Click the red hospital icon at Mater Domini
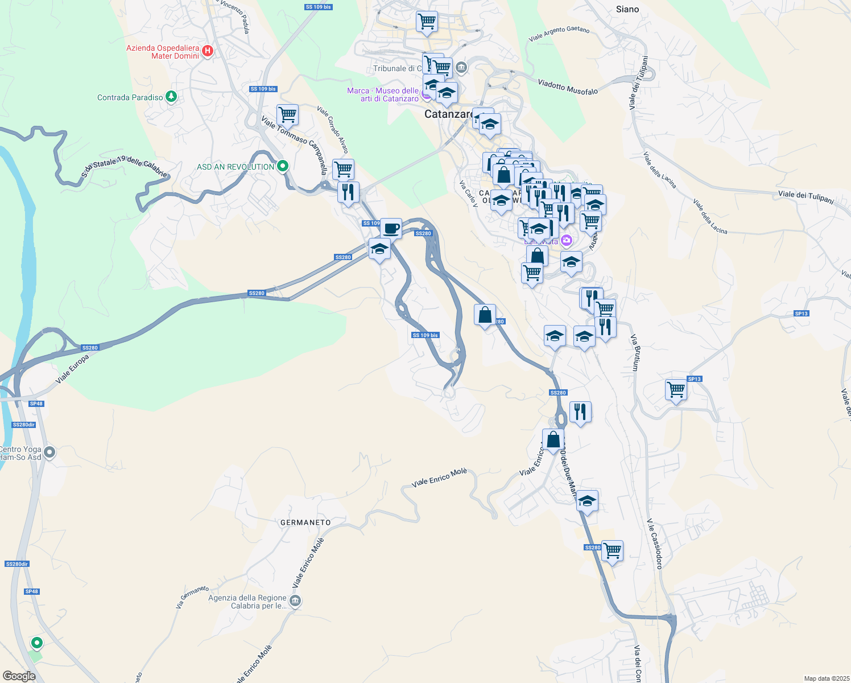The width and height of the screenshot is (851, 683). coord(208,51)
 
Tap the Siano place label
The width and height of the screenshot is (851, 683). coord(627,9)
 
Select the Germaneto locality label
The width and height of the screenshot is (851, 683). coord(305,522)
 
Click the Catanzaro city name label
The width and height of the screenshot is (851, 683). coord(448,114)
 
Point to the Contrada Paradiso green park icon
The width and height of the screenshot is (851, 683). coord(171,97)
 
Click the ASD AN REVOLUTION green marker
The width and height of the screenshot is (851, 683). coord(282,166)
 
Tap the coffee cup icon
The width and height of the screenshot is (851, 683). coord(391,228)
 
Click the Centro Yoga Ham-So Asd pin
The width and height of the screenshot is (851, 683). coord(49,452)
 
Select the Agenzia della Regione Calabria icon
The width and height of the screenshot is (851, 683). coord(295,601)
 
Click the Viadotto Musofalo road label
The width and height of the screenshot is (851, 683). coord(568,87)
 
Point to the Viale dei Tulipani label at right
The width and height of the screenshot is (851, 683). coord(805,197)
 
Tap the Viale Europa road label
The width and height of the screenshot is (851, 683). coord(72,368)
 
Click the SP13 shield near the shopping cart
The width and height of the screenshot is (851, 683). coord(694,379)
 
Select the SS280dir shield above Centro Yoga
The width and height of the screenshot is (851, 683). coord(24,425)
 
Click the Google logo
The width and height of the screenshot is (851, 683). coord(19,676)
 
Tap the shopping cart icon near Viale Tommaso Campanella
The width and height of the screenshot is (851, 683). coord(287,114)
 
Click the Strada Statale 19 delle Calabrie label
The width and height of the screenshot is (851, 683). coord(125,166)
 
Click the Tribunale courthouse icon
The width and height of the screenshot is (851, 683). coord(461,68)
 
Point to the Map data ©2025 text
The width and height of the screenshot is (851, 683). coord(826,678)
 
